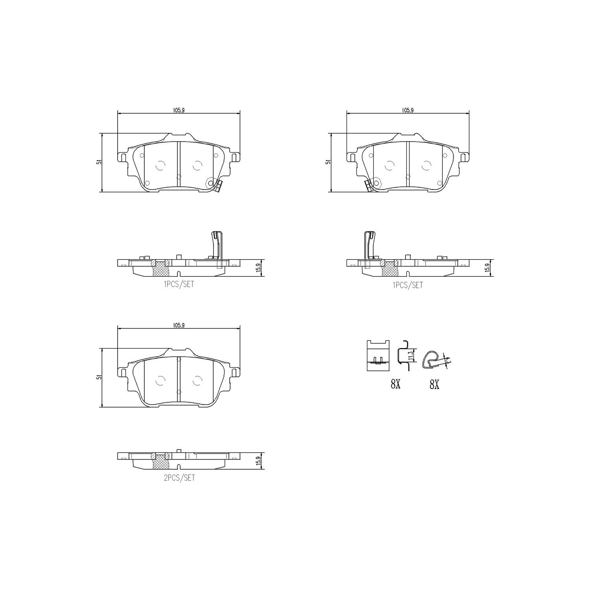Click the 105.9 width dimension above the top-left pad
point(179,110)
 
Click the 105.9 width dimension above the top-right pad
point(407,110)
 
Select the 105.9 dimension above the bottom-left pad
point(179,325)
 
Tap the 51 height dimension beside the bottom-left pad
point(100,377)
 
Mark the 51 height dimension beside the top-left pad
point(100,162)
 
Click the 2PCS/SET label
point(179,478)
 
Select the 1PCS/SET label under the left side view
point(179,284)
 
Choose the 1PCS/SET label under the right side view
point(407,285)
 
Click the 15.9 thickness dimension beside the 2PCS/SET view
point(258,461)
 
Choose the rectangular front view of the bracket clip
point(378,355)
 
